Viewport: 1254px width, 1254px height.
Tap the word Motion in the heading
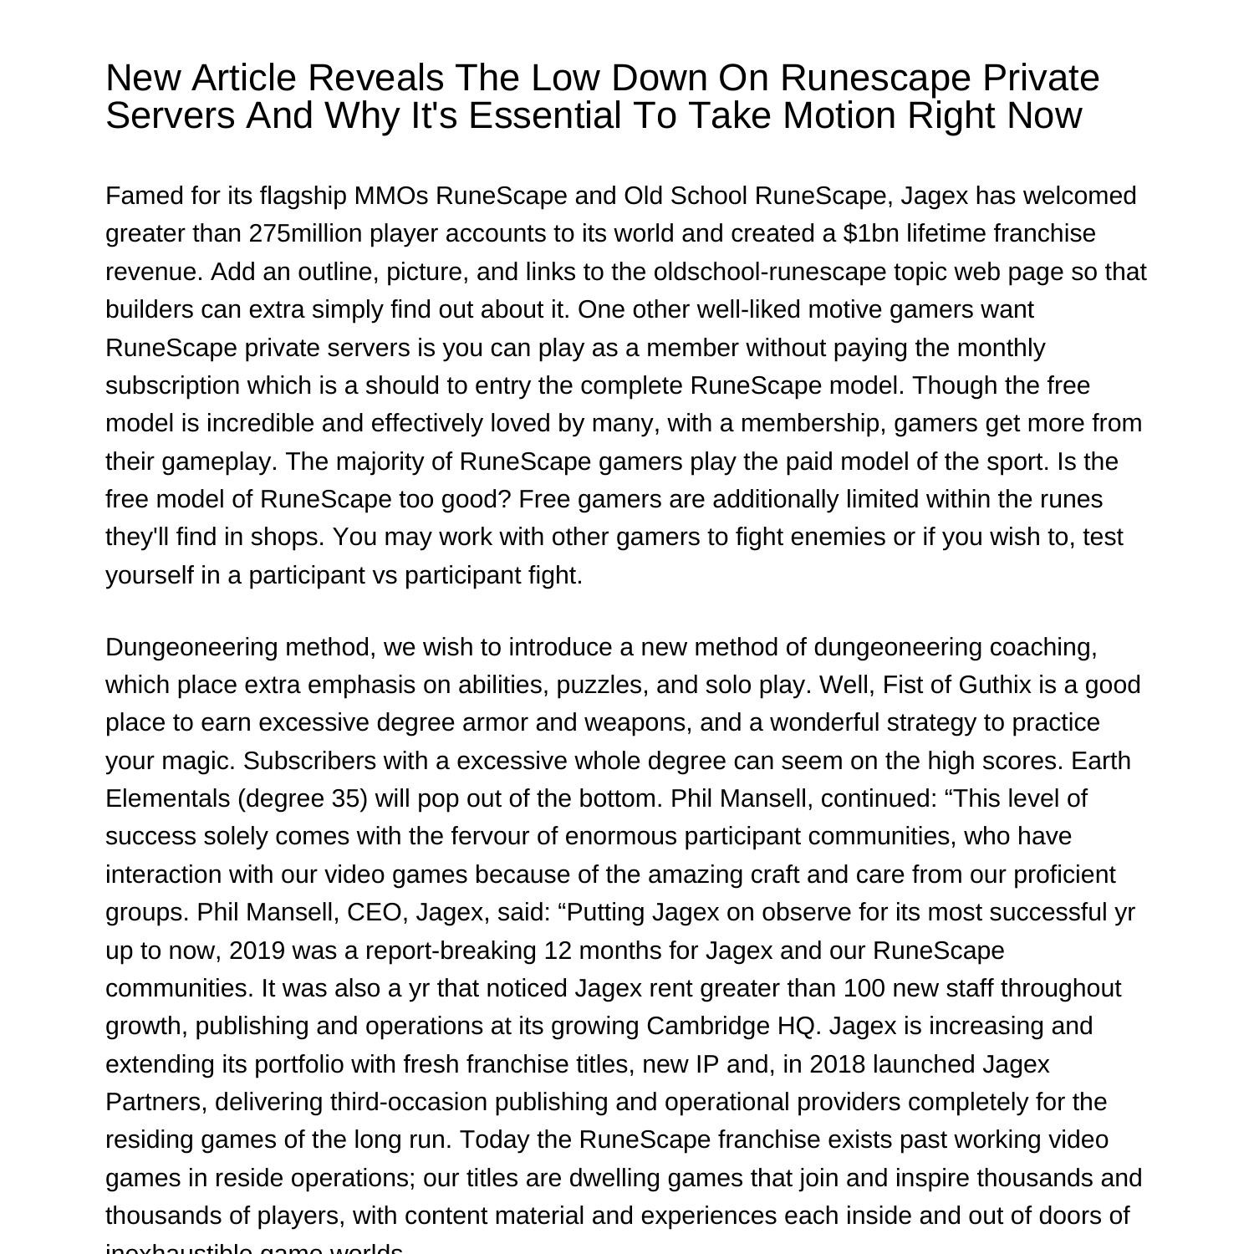(839, 115)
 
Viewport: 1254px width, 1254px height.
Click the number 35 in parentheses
(344, 798)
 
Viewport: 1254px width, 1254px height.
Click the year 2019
(257, 951)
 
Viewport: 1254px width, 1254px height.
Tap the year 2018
(839, 1064)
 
